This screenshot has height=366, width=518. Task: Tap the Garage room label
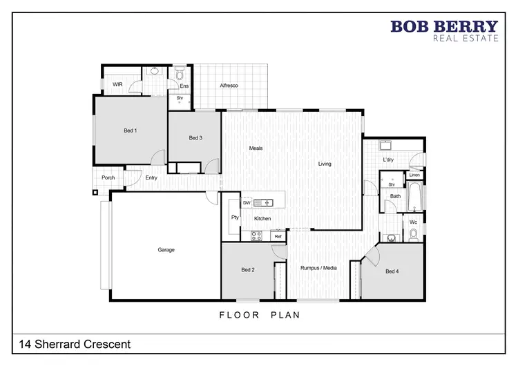click(x=166, y=249)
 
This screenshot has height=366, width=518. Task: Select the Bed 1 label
click(x=131, y=131)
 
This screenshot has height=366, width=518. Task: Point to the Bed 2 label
click(x=249, y=269)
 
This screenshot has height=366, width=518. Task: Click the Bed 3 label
click(x=195, y=138)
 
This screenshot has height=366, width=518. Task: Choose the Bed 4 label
click(x=392, y=271)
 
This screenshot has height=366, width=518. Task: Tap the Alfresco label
click(x=229, y=85)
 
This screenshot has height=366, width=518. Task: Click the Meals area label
click(x=256, y=148)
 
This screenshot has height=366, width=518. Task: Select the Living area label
click(x=325, y=164)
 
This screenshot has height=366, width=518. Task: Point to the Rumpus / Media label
click(x=318, y=267)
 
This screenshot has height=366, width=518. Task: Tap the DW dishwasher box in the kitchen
click(x=247, y=203)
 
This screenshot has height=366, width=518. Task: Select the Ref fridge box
click(x=278, y=236)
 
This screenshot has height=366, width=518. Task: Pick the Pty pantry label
click(x=235, y=218)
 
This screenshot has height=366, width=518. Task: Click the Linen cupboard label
click(x=414, y=175)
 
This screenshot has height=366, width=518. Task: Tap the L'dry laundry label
click(x=388, y=160)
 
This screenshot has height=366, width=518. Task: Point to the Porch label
click(x=108, y=177)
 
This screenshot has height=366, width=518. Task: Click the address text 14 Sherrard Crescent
click(x=73, y=343)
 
